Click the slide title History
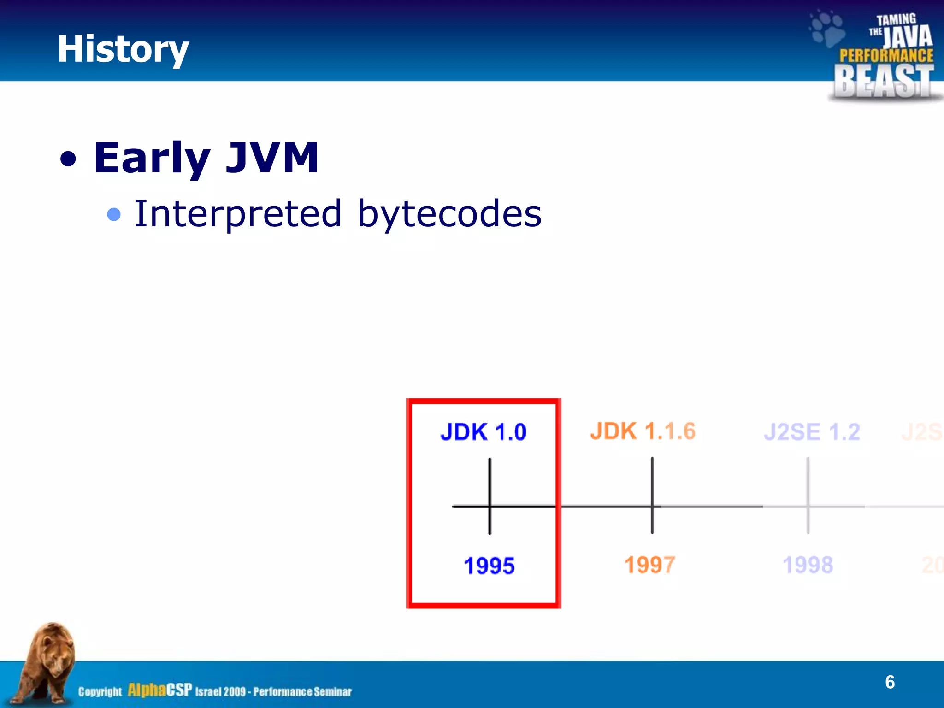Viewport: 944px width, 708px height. pyautogui.click(x=123, y=49)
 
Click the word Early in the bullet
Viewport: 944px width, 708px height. pyautogui.click(x=152, y=158)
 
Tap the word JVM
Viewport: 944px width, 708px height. pyautogui.click(x=272, y=158)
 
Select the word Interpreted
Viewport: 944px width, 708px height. pyautogui.click(x=238, y=214)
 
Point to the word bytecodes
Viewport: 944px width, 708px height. pyautogui.click(x=449, y=214)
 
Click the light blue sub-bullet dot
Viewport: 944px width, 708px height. pyautogui.click(x=114, y=214)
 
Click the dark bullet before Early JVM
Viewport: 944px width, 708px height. pyautogui.click(x=68, y=159)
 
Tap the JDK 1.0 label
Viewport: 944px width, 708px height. pyautogui.click(x=483, y=432)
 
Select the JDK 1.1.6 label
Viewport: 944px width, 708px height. pyautogui.click(x=643, y=431)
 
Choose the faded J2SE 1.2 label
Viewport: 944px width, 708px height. pyautogui.click(x=812, y=432)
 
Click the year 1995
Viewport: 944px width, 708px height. pyautogui.click(x=489, y=566)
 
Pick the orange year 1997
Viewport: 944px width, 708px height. pyautogui.click(x=650, y=565)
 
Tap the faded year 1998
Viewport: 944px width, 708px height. pyautogui.click(x=808, y=565)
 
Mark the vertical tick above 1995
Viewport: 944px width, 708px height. pyautogui.click(x=490, y=479)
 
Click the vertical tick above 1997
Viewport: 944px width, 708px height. pyautogui.click(x=652, y=479)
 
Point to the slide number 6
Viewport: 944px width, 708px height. pyautogui.click(x=890, y=682)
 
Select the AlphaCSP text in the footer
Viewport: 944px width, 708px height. pyautogui.click(x=159, y=690)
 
